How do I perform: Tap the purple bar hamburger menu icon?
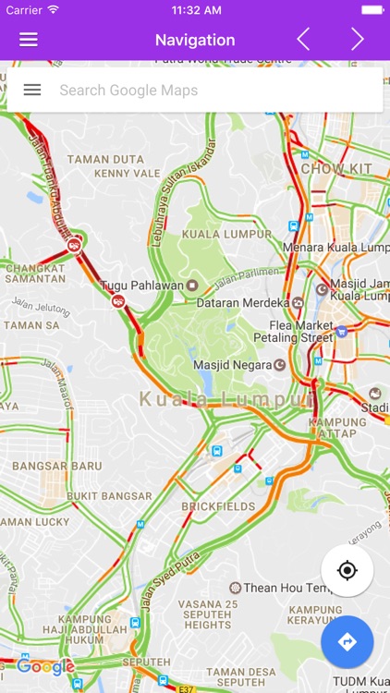pyautogui.click(x=29, y=40)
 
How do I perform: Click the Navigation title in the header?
pyautogui.click(x=195, y=40)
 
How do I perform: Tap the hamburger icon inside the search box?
pyautogui.click(x=32, y=90)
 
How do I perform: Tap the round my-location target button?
pyautogui.click(x=347, y=571)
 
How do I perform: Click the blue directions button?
pyautogui.click(x=347, y=642)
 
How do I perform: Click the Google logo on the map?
pyautogui.click(x=45, y=666)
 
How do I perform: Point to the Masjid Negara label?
pyautogui.click(x=232, y=364)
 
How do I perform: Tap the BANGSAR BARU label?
pyautogui.click(x=57, y=466)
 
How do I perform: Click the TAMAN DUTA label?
pyautogui.click(x=106, y=159)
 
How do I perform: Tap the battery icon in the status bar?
pyautogui.click(x=372, y=9)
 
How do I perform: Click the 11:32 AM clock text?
pyautogui.click(x=195, y=9)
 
